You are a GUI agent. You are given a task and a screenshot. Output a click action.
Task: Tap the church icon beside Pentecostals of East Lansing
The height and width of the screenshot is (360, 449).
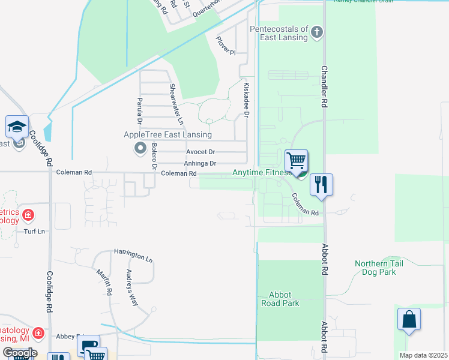318,33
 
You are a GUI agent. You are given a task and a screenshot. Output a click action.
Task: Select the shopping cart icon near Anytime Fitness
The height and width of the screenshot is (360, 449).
295,161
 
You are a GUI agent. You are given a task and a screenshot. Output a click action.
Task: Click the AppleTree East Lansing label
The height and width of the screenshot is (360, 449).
167,134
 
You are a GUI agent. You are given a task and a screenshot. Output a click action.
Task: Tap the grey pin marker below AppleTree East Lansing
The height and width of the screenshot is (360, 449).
141,148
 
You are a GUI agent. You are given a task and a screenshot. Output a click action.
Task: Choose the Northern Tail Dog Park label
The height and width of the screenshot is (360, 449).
384,268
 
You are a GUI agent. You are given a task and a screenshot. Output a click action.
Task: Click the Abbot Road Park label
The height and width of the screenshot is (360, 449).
284,299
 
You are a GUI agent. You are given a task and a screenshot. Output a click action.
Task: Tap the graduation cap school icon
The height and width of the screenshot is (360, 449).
17,127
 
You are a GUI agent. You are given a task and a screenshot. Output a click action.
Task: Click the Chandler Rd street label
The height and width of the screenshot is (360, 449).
324,86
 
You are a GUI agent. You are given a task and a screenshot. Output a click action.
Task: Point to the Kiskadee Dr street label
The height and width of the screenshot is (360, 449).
246,100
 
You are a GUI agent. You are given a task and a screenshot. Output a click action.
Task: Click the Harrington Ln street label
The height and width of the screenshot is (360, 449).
133,255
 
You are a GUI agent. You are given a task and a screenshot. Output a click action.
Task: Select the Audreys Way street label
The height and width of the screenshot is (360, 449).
131,287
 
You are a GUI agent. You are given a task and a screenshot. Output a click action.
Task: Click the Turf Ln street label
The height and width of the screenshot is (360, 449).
34,232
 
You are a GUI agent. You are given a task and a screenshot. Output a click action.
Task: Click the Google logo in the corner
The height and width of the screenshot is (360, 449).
20,352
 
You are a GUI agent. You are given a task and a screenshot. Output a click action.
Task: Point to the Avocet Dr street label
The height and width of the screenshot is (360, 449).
200,152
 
